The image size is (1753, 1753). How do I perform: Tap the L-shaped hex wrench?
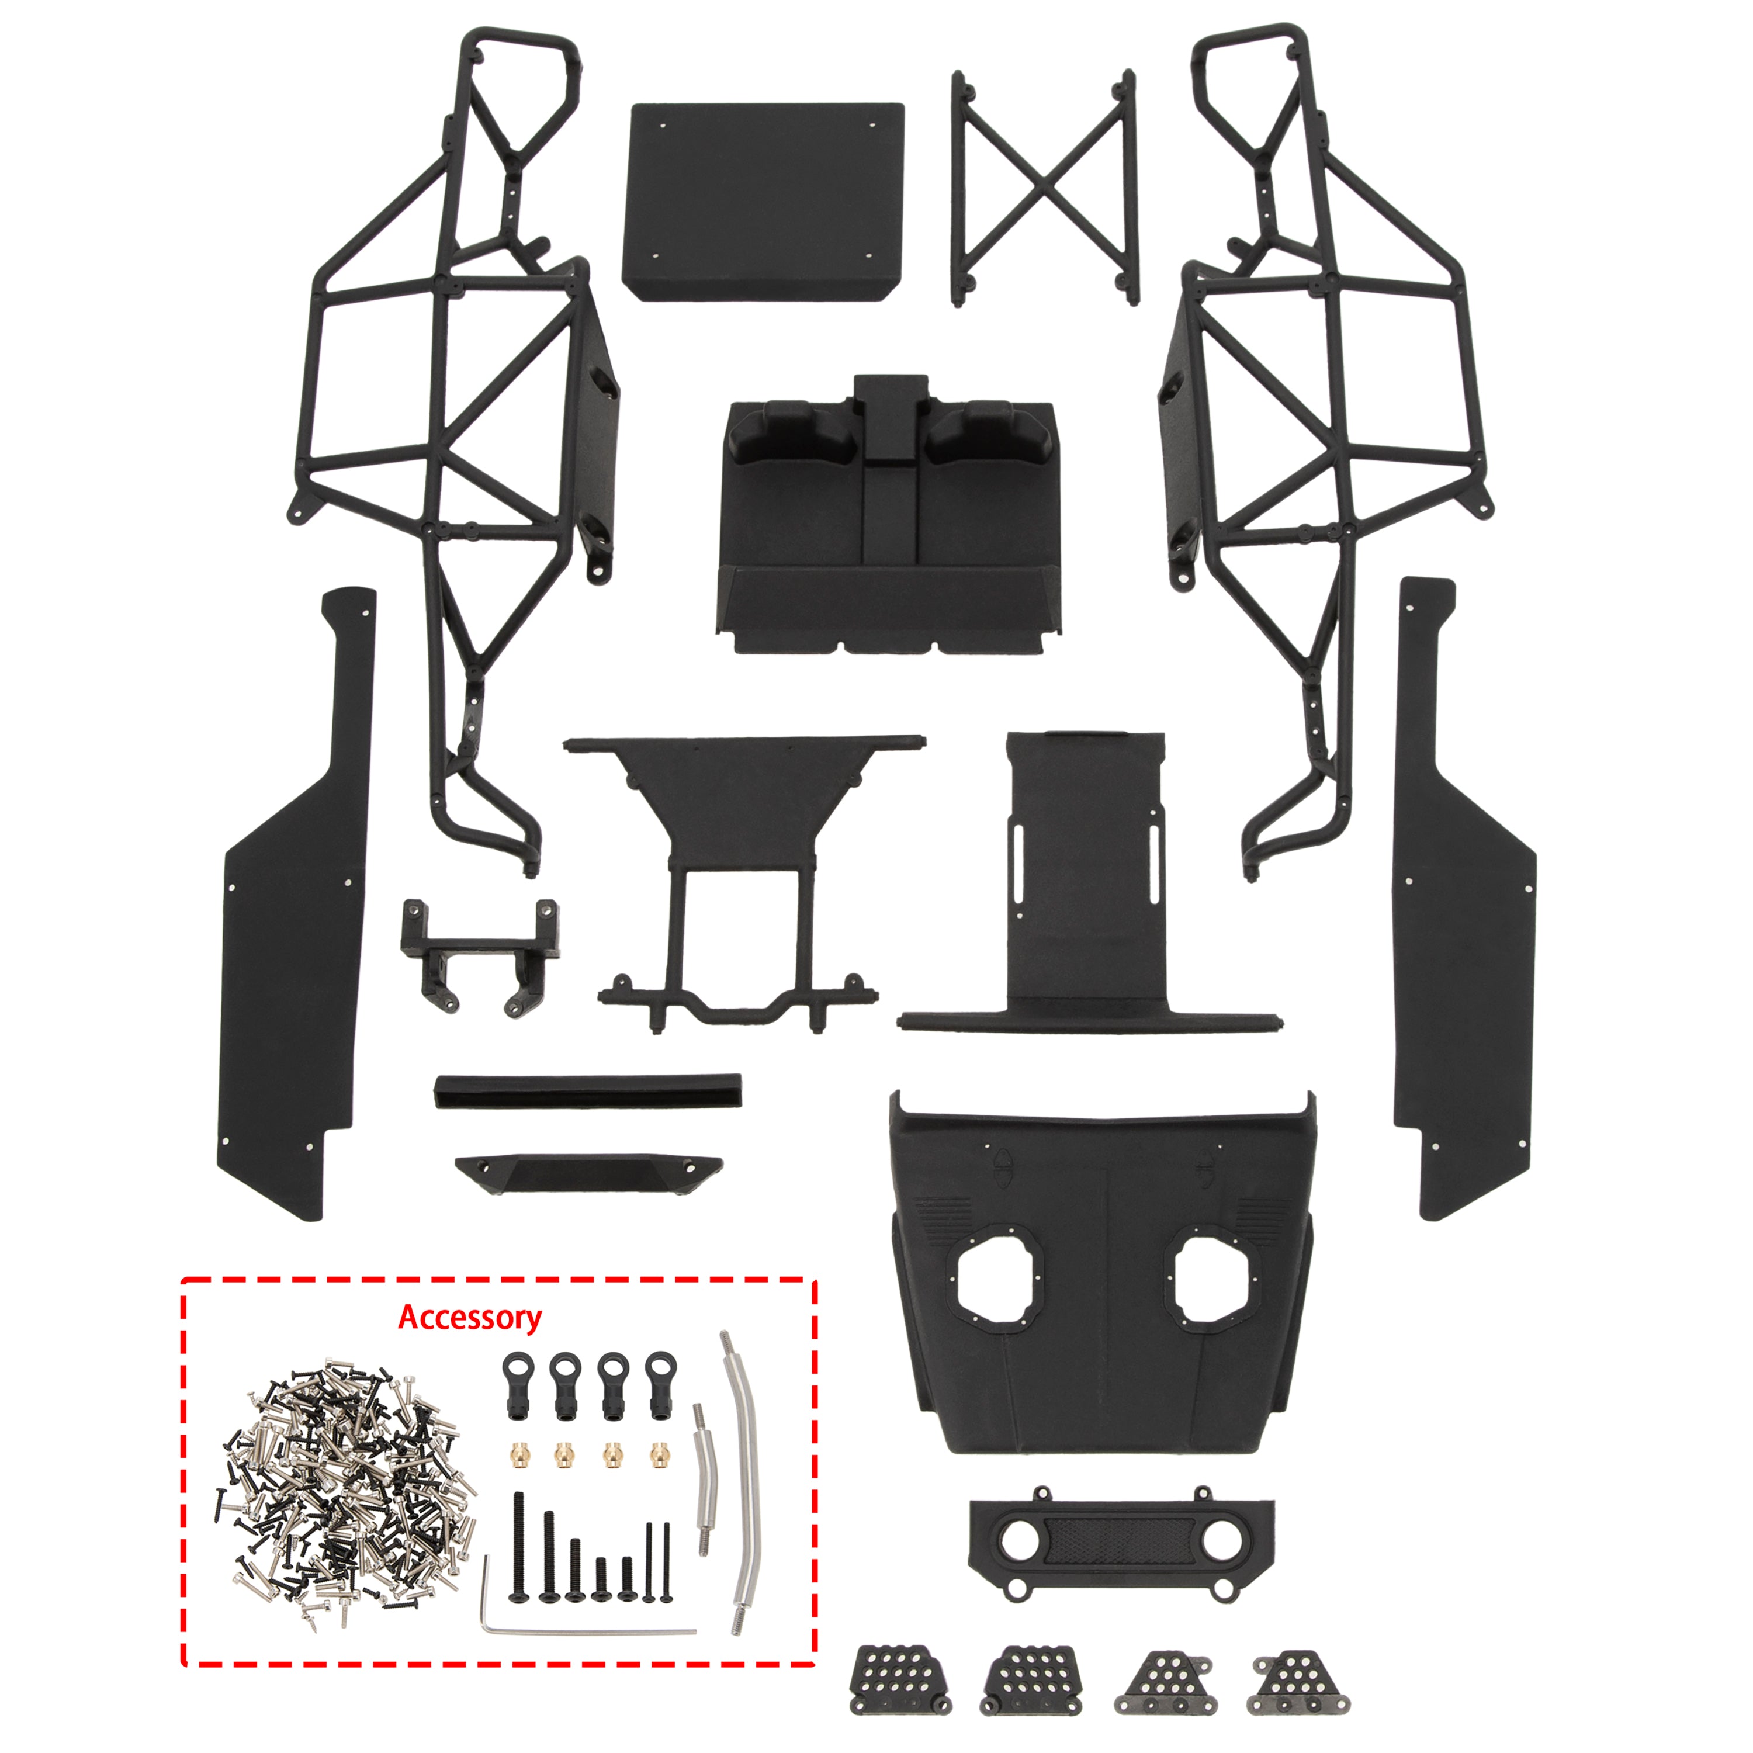point(545,1630)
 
